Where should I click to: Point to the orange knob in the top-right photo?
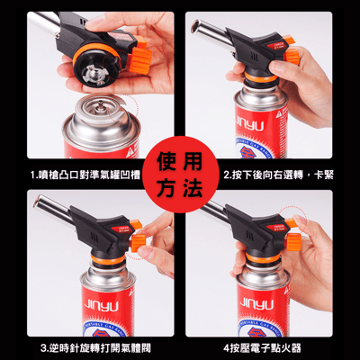[292, 56]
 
